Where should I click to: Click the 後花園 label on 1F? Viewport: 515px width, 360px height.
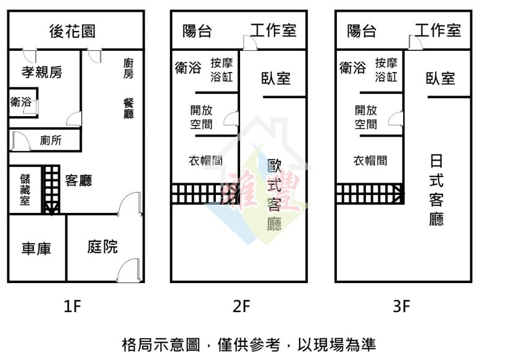(73, 31)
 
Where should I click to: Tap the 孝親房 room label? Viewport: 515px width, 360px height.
(42, 72)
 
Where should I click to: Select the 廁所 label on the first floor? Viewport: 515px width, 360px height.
(51, 140)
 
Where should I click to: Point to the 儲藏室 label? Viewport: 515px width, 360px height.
(25, 189)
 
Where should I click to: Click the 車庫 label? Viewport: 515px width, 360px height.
(37, 249)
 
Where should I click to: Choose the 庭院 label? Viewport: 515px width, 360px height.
(102, 246)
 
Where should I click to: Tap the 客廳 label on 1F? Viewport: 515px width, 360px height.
(79, 181)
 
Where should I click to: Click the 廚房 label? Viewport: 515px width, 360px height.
(128, 68)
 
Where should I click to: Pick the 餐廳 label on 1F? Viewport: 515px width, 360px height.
(128, 108)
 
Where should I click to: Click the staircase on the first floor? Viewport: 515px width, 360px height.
(52, 189)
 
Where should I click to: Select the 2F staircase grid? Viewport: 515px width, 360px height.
(205, 194)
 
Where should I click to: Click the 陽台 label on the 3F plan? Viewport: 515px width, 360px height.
(362, 31)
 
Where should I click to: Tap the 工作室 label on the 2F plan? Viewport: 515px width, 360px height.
(273, 30)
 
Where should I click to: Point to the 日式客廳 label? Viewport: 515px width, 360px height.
(436, 190)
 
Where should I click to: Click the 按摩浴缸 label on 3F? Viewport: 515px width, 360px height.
(386, 70)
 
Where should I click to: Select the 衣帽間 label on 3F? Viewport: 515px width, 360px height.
(370, 161)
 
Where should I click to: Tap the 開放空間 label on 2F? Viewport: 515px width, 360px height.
(201, 117)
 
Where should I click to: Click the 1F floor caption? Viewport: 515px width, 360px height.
(72, 306)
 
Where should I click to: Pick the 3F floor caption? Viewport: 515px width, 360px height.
(401, 306)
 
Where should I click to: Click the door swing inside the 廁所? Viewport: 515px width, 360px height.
(21, 140)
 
